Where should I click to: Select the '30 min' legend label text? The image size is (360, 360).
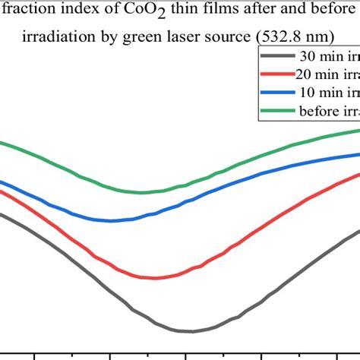coord(322,56)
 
